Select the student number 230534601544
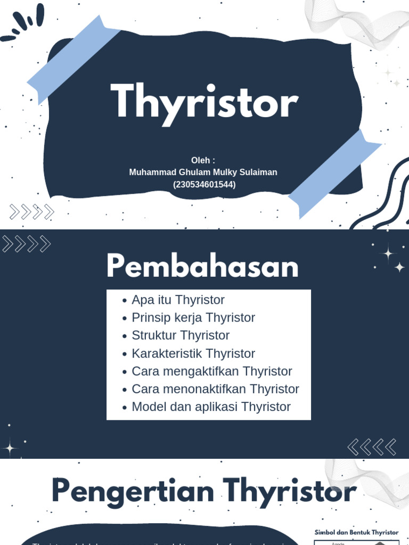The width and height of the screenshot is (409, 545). coord(204,185)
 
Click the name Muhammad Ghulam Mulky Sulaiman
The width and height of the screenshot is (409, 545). coord(203,172)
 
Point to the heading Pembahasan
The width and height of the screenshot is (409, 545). coord(202,267)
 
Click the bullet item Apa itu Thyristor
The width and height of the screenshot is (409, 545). coord(178,300)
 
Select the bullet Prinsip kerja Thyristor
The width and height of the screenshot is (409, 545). coord(193,318)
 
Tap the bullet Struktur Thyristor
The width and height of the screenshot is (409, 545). coord(181,335)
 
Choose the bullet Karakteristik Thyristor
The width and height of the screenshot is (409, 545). coord(193,353)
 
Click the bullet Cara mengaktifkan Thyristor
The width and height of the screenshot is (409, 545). coord(211,371)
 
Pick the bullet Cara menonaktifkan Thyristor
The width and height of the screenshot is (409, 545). coord(215,389)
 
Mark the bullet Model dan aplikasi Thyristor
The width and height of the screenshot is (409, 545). coord(211,407)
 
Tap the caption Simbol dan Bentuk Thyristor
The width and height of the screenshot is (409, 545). coord(356,532)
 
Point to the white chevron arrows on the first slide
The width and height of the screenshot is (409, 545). coord(32,212)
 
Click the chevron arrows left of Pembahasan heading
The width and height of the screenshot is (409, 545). coord(27,244)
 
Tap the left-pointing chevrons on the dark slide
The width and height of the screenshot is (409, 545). coord(372,447)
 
